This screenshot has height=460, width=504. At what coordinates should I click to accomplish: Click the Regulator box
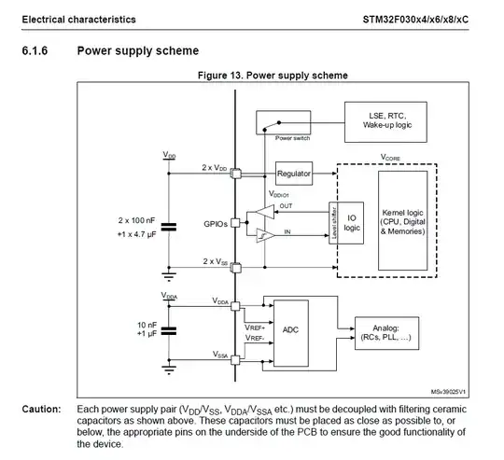click(x=293, y=174)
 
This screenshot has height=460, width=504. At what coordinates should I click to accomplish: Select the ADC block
click(x=290, y=331)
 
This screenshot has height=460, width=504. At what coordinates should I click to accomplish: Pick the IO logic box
click(x=350, y=223)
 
